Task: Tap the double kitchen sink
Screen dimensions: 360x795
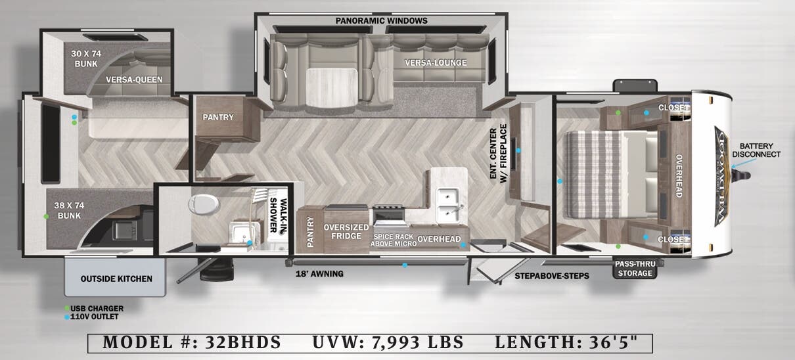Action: pyautogui.click(x=449, y=204)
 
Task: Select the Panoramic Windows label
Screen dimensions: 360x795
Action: pyautogui.click(x=381, y=21)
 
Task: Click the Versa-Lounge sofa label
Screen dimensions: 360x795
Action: pyautogui.click(x=436, y=63)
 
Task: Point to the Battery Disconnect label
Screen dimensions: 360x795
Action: pyautogui.click(x=760, y=150)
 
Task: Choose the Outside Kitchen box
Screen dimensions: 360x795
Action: pyautogui.click(x=116, y=279)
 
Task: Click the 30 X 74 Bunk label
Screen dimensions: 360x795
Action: pyautogui.click(x=85, y=59)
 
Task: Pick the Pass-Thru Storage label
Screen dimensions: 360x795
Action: pyautogui.click(x=633, y=269)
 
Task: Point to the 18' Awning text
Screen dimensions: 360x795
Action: pyautogui.click(x=319, y=274)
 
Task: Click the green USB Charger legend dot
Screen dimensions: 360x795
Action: pyautogui.click(x=67, y=308)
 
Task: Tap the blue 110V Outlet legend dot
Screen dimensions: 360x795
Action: pyautogui.click(x=67, y=317)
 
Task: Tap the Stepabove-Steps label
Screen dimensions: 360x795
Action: pyautogui.click(x=552, y=276)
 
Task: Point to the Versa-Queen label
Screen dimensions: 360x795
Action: pyautogui.click(x=134, y=80)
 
